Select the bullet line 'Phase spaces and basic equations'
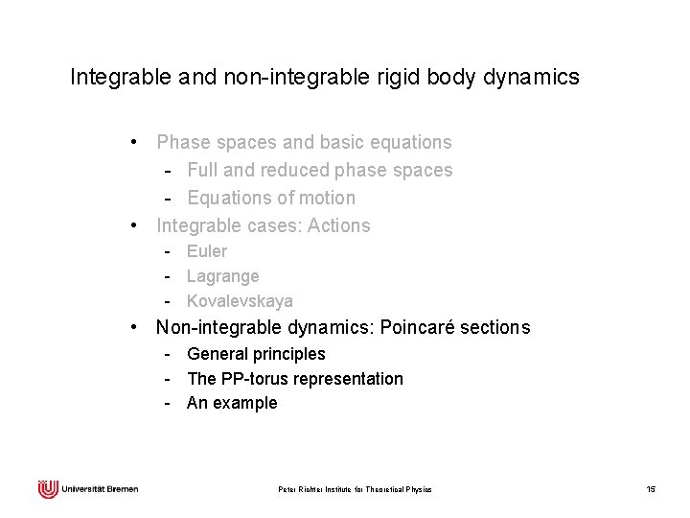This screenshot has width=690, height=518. click(x=304, y=143)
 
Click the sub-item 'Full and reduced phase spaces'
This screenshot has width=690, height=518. click(x=320, y=171)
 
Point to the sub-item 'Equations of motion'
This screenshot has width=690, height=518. click(x=271, y=199)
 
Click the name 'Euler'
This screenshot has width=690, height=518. click(x=207, y=251)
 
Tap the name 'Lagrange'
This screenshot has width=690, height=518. click(x=222, y=276)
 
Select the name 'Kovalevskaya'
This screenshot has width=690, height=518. click(x=240, y=301)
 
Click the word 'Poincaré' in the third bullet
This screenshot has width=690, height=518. click(x=418, y=328)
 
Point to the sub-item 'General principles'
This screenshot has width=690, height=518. click(x=256, y=354)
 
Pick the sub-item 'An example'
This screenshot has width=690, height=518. click(x=232, y=404)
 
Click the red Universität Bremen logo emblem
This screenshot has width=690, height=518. click(x=48, y=489)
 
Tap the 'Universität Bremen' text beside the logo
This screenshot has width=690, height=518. click(x=100, y=489)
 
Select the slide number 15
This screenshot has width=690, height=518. click(x=651, y=490)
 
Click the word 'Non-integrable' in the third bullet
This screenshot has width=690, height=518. click(x=218, y=328)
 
